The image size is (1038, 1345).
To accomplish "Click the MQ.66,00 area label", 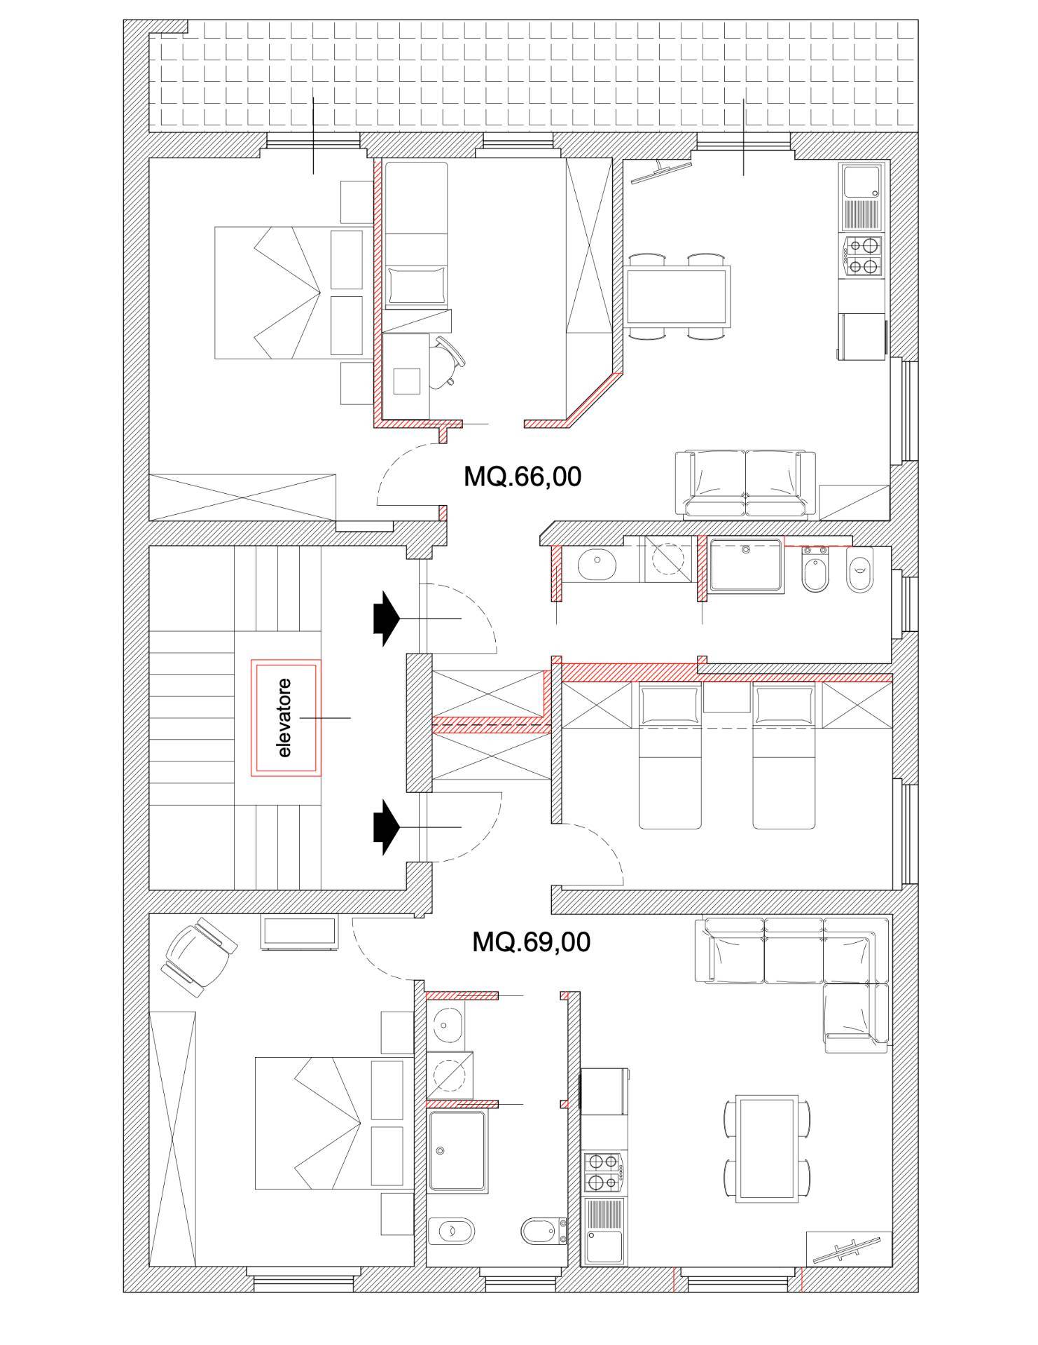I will coord(523,477).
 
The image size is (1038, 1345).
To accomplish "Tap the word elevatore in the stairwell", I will coord(285,717).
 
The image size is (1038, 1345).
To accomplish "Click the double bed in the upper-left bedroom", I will coord(287,293).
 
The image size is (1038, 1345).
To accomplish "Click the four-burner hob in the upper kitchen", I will coord(862,256).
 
